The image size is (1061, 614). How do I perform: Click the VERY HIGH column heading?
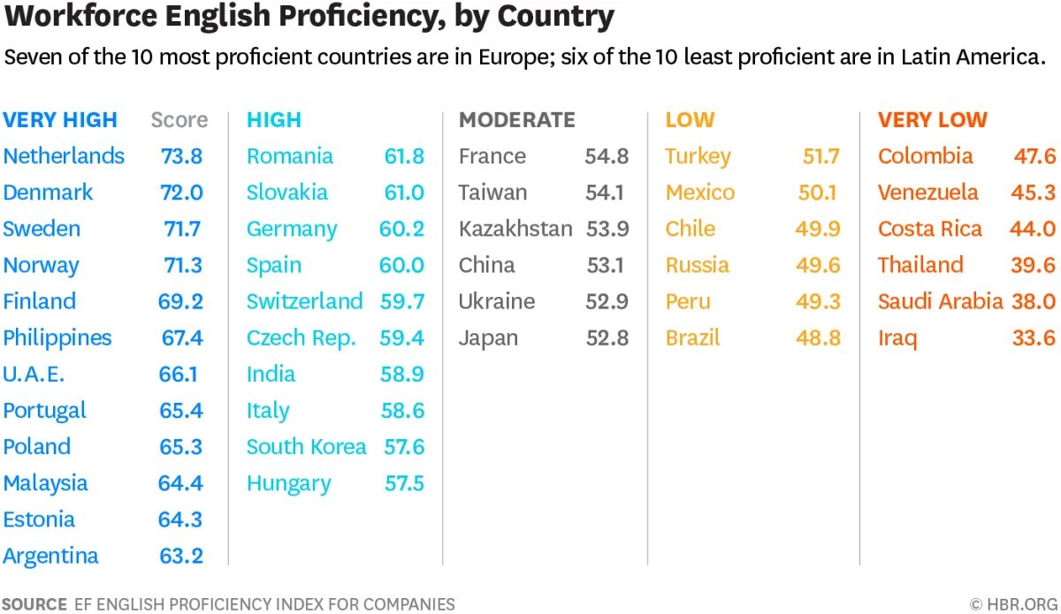point(60,120)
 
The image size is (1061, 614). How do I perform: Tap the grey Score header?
point(179,120)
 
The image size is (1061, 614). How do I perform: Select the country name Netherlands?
point(64,156)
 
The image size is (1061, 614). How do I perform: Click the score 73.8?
point(181,156)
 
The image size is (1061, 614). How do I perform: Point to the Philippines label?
point(57,337)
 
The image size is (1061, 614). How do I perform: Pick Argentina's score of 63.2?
point(181,556)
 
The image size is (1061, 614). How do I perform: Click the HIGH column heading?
point(274,120)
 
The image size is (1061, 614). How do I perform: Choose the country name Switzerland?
point(305,301)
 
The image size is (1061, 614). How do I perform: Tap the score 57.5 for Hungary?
point(404,483)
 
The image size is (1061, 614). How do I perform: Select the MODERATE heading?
point(517,120)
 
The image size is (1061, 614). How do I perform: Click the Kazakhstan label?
point(515,229)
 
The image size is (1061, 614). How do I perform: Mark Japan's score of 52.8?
point(607,337)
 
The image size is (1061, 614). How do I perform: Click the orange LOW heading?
point(690,120)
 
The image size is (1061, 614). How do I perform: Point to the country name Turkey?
point(698,156)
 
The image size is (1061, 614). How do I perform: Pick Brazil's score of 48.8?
point(818,337)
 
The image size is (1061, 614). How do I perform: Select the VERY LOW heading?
point(933,120)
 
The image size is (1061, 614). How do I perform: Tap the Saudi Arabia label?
point(941,301)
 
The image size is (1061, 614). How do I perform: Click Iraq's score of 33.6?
point(1034,337)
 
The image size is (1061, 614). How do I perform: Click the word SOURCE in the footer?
point(34,604)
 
